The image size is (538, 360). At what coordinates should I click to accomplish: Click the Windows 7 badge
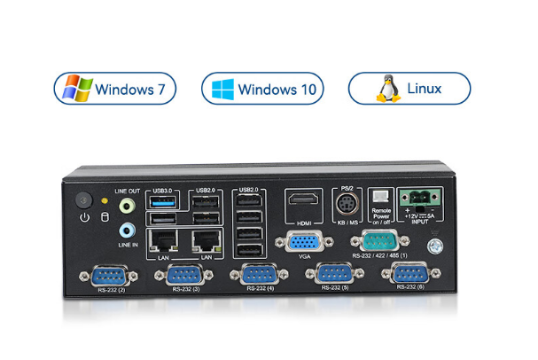[116, 89]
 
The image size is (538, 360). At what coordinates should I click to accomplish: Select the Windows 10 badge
[262, 89]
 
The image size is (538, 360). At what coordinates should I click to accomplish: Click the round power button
[84, 200]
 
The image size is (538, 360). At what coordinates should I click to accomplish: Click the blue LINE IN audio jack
[128, 230]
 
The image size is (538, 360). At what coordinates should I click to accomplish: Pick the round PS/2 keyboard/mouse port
[347, 204]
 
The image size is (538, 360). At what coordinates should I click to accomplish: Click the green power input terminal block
[418, 197]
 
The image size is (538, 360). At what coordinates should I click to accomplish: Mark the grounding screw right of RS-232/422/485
[434, 249]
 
